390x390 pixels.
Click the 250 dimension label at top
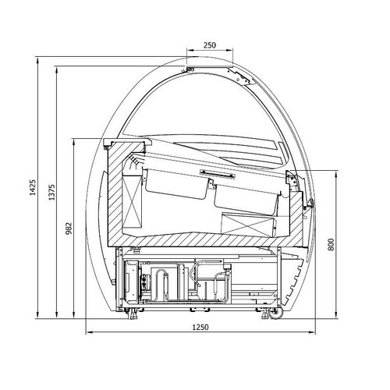[210, 45]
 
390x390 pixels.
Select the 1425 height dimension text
[33, 187]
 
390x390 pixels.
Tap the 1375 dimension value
[52, 193]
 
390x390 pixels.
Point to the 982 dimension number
[69, 229]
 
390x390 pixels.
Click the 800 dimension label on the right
[331, 244]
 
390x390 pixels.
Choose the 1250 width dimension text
[200, 327]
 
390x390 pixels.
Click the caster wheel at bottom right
[276, 314]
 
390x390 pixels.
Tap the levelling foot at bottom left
[133, 314]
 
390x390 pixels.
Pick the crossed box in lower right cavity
[247, 224]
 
